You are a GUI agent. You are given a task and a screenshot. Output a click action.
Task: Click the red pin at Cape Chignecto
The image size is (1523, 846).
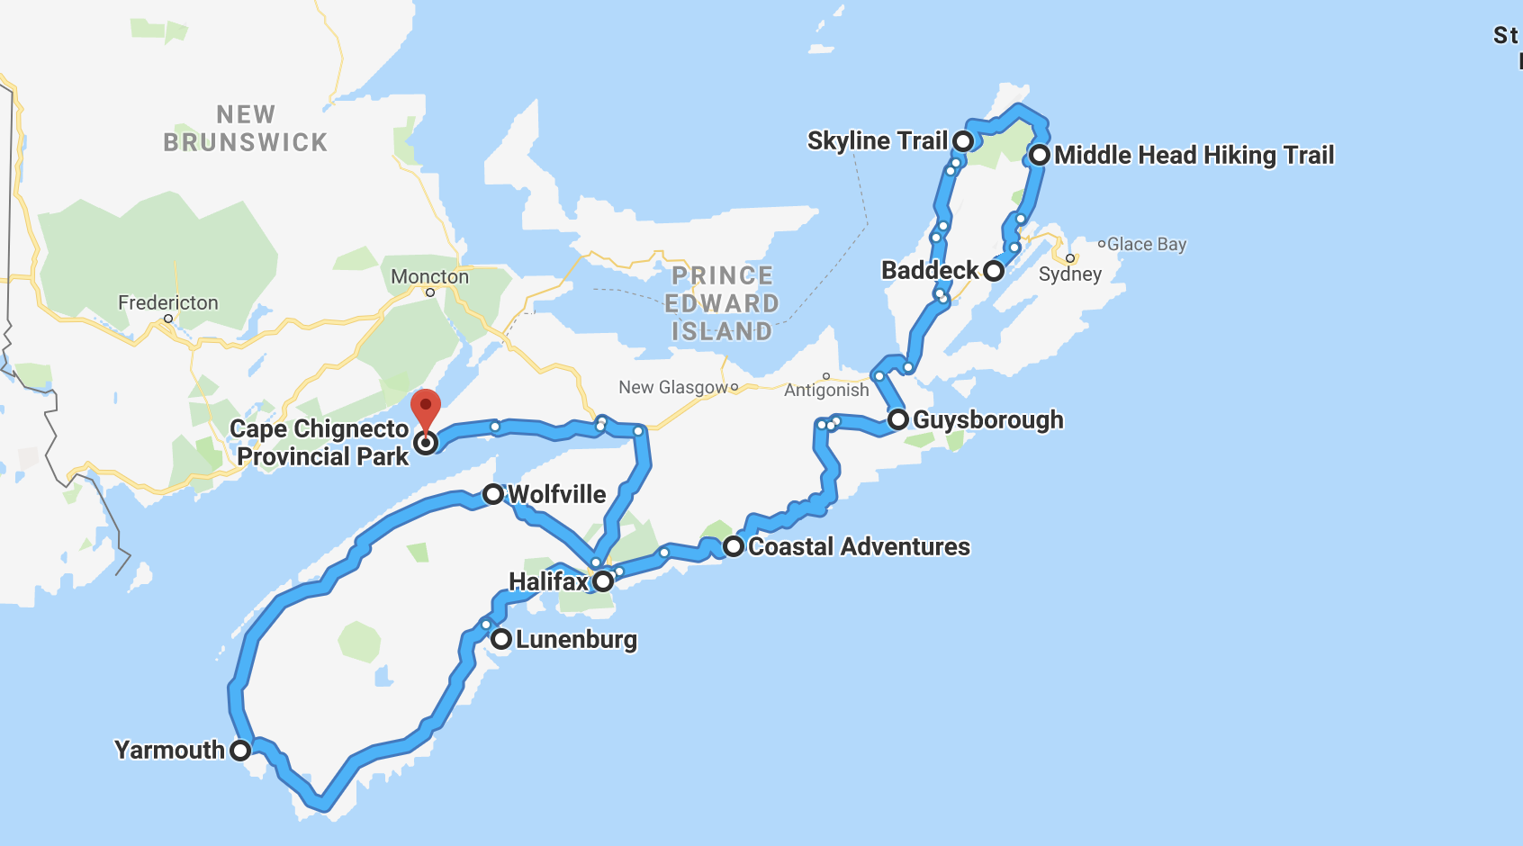click(426, 408)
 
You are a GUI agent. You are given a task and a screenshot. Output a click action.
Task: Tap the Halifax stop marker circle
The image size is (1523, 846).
click(603, 581)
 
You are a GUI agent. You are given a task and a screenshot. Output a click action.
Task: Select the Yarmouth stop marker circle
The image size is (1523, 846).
click(239, 751)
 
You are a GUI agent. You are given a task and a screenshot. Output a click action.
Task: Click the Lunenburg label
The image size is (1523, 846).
click(576, 640)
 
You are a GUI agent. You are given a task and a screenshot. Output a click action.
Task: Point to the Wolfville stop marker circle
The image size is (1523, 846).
click(492, 494)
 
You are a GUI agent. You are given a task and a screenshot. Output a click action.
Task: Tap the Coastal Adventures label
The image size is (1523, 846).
click(859, 547)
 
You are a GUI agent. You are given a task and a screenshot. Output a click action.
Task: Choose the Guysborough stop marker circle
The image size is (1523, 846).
click(897, 419)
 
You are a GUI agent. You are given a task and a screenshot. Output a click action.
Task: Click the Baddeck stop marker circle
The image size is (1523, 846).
click(993, 271)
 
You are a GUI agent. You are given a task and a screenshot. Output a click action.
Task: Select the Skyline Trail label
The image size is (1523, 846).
click(877, 141)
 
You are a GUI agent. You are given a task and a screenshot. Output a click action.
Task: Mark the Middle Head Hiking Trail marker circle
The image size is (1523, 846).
click(1040, 155)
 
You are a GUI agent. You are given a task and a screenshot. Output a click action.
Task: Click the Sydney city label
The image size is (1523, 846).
click(1069, 274)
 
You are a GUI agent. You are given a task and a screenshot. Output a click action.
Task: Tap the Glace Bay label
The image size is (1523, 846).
click(1147, 245)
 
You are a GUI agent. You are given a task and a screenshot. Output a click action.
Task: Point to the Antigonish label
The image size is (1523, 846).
click(826, 391)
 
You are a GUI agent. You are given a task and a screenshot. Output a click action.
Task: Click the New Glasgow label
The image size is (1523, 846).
click(672, 388)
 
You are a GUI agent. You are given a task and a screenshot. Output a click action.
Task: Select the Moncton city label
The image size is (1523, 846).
click(429, 277)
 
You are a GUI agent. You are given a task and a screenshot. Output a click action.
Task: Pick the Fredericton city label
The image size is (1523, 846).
click(168, 303)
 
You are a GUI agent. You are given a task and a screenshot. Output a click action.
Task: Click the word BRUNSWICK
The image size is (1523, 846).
click(245, 143)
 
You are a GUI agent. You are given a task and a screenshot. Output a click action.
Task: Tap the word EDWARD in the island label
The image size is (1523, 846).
click(722, 304)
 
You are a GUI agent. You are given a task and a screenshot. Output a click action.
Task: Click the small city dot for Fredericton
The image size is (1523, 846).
click(168, 319)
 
